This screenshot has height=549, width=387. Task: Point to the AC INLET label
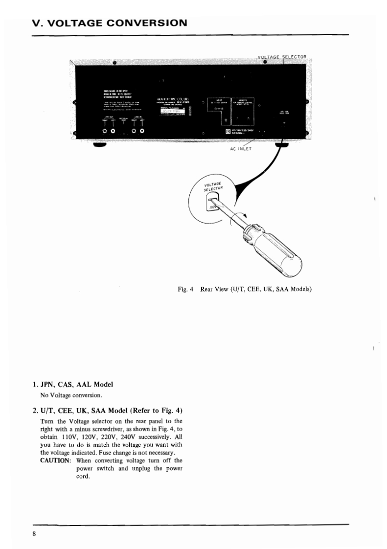(x=240, y=149)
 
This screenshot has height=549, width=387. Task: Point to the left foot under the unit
(x=100, y=145)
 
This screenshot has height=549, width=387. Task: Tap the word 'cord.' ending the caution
(x=83, y=477)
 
